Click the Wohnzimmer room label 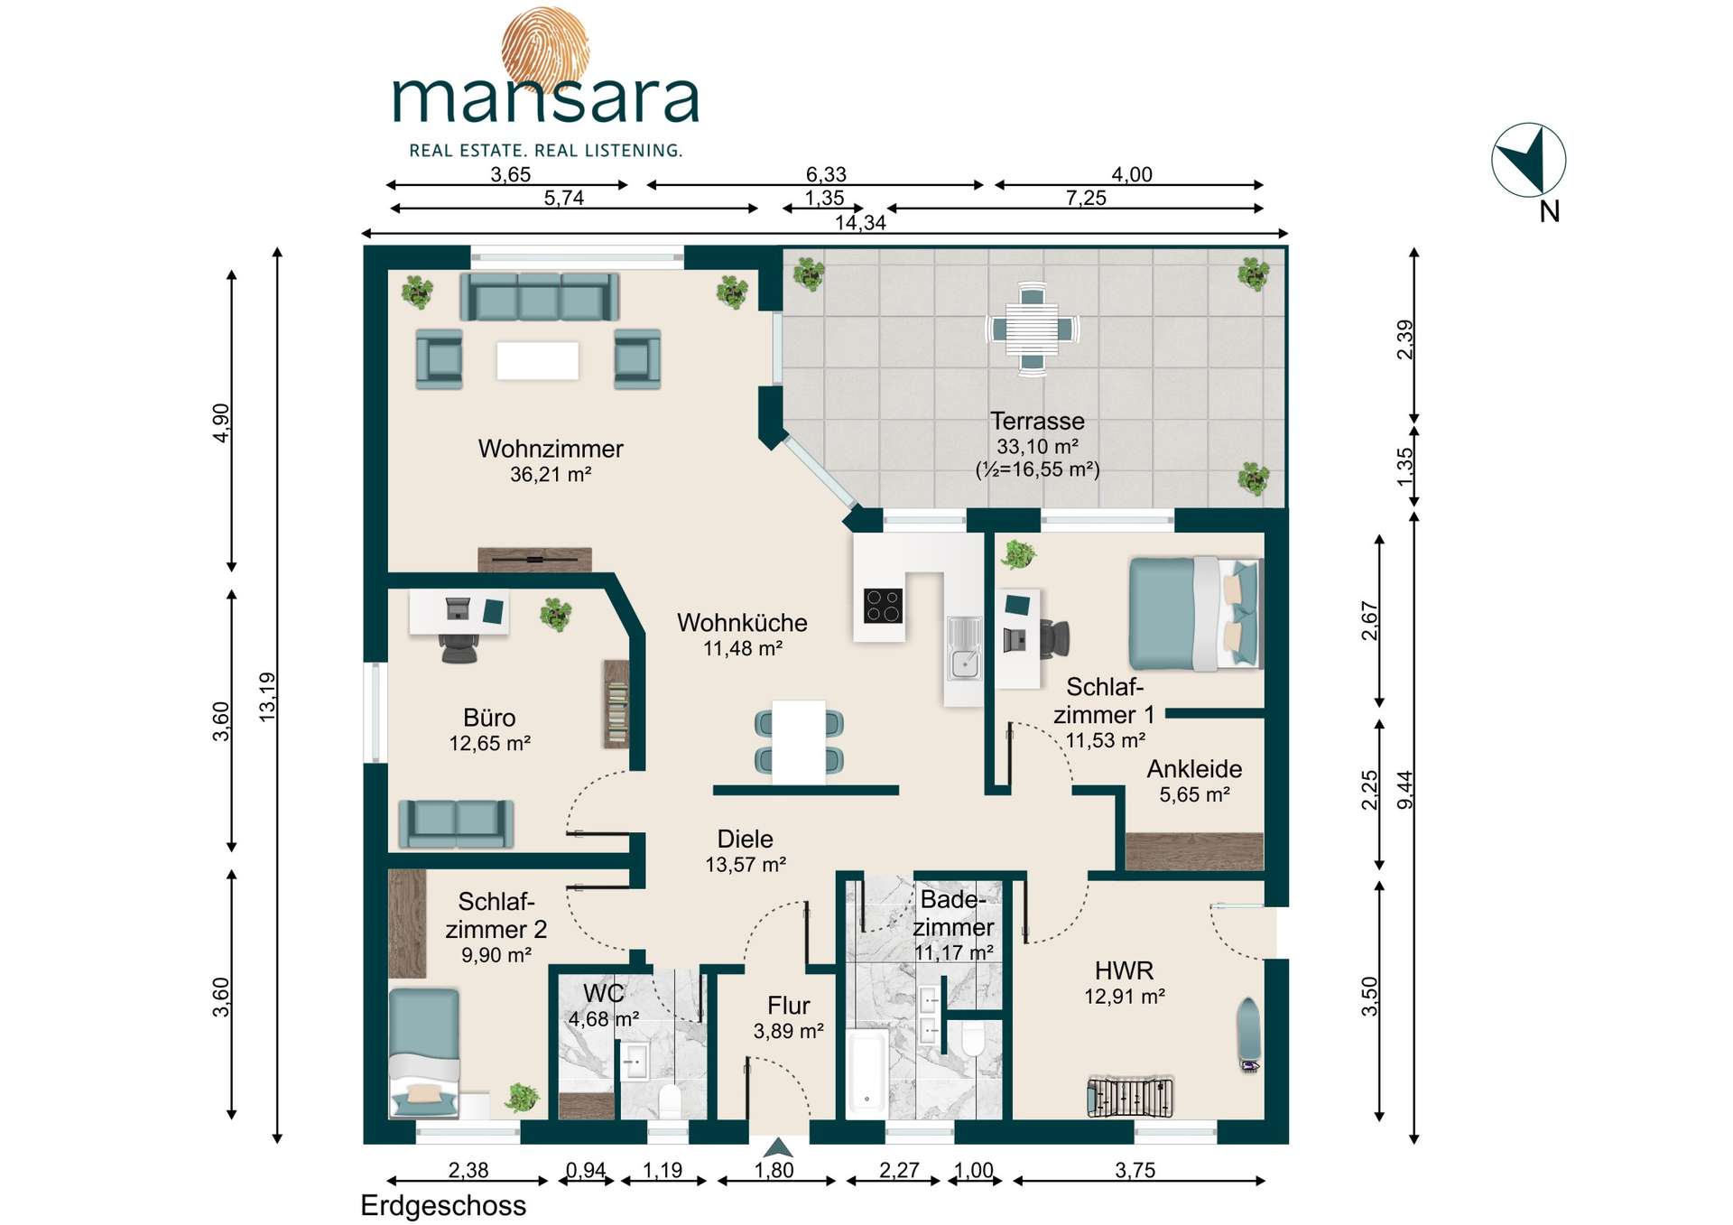(x=551, y=449)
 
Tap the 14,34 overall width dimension (x=860, y=223)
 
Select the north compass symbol (x=1528, y=161)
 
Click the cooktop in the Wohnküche (x=883, y=606)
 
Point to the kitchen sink (x=964, y=647)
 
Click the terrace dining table (x=1033, y=329)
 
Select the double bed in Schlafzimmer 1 (x=1194, y=614)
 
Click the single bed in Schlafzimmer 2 (x=424, y=1053)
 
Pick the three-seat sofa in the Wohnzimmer (x=539, y=296)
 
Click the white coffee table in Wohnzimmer (x=537, y=361)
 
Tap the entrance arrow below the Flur (x=778, y=1147)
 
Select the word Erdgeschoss (x=443, y=1206)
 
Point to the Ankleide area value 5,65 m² (x=1194, y=795)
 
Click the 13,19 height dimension (x=267, y=696)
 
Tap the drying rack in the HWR (x=1130, y=1097)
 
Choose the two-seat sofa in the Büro (x=456, y=823)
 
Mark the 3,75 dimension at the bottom (x=1135, y=1171)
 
